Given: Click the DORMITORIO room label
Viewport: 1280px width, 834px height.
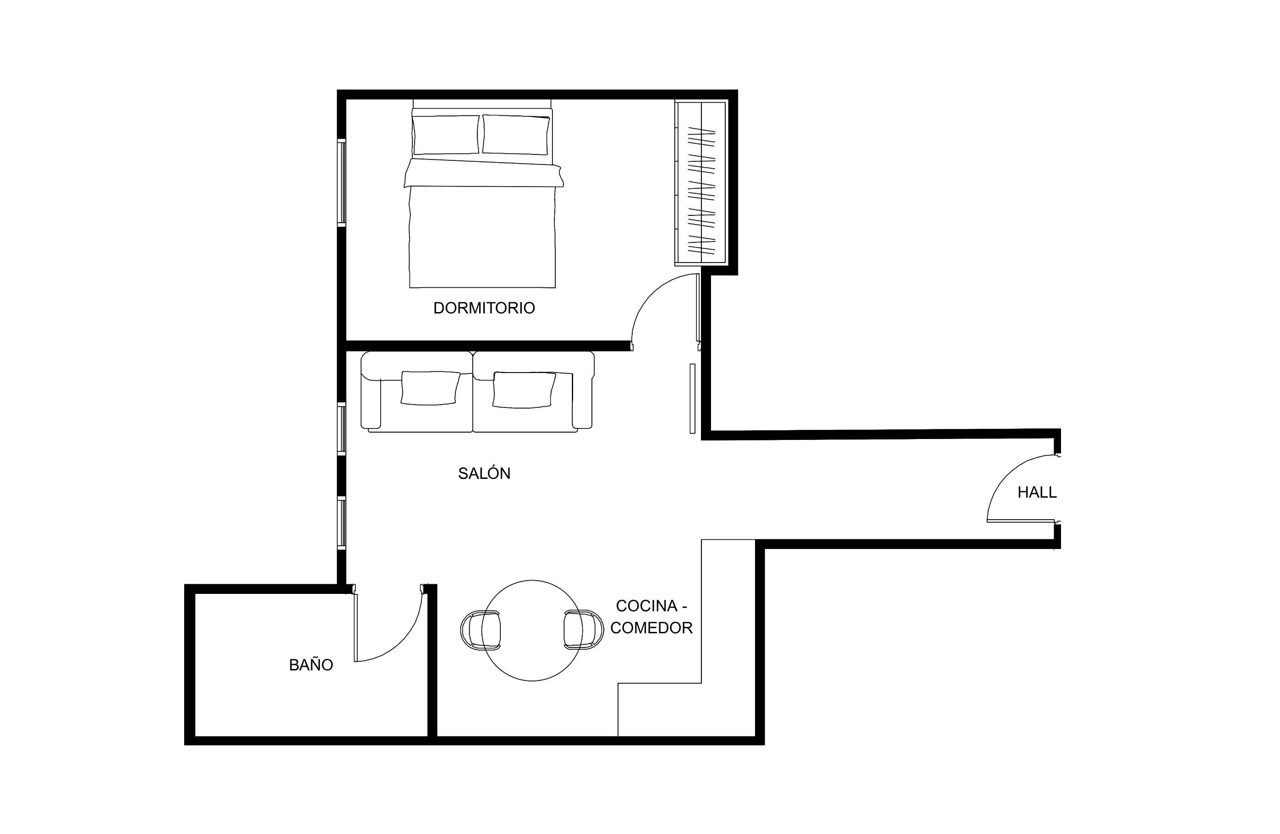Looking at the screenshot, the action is point(484,308).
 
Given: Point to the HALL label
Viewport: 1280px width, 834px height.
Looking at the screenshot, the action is point(1037,492).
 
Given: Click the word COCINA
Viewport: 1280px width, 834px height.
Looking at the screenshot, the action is point(646,606).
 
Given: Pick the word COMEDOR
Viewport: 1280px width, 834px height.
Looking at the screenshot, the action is point(651,627).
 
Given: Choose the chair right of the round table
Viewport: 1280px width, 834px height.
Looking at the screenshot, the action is point(584,630).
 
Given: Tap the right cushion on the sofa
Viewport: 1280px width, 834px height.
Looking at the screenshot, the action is point(524,390).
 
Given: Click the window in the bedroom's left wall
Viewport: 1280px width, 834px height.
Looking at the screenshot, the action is point(341,182).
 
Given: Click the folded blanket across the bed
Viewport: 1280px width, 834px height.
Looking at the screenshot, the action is point(483,173).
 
